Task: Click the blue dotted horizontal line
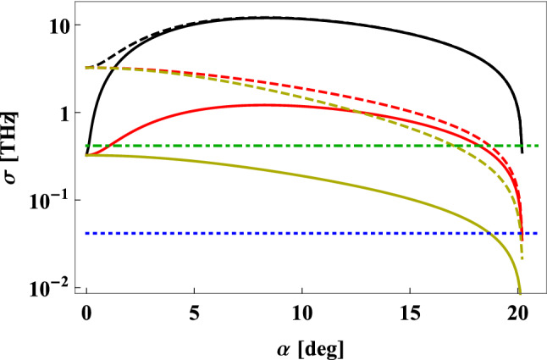(x=254, y=233)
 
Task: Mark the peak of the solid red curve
(x=267, y=104)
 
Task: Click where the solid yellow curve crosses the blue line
(x=489, y=233)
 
